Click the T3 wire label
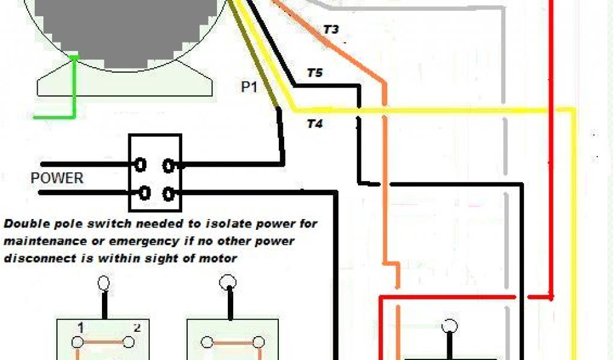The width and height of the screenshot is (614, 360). point(331,29)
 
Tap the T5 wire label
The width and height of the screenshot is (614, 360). point(314,73)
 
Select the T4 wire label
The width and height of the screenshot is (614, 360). point(315,124)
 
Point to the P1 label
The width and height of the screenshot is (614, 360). point(249,87)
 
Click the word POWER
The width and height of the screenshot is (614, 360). point(57,178)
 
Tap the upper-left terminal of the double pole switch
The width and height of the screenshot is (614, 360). point(141,163)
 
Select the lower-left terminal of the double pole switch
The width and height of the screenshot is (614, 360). point(144,193)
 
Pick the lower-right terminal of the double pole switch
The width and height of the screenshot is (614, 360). point(170,193)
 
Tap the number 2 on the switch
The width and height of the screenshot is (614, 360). point(137,328)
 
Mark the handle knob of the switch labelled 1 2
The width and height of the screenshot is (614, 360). point(104,283)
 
